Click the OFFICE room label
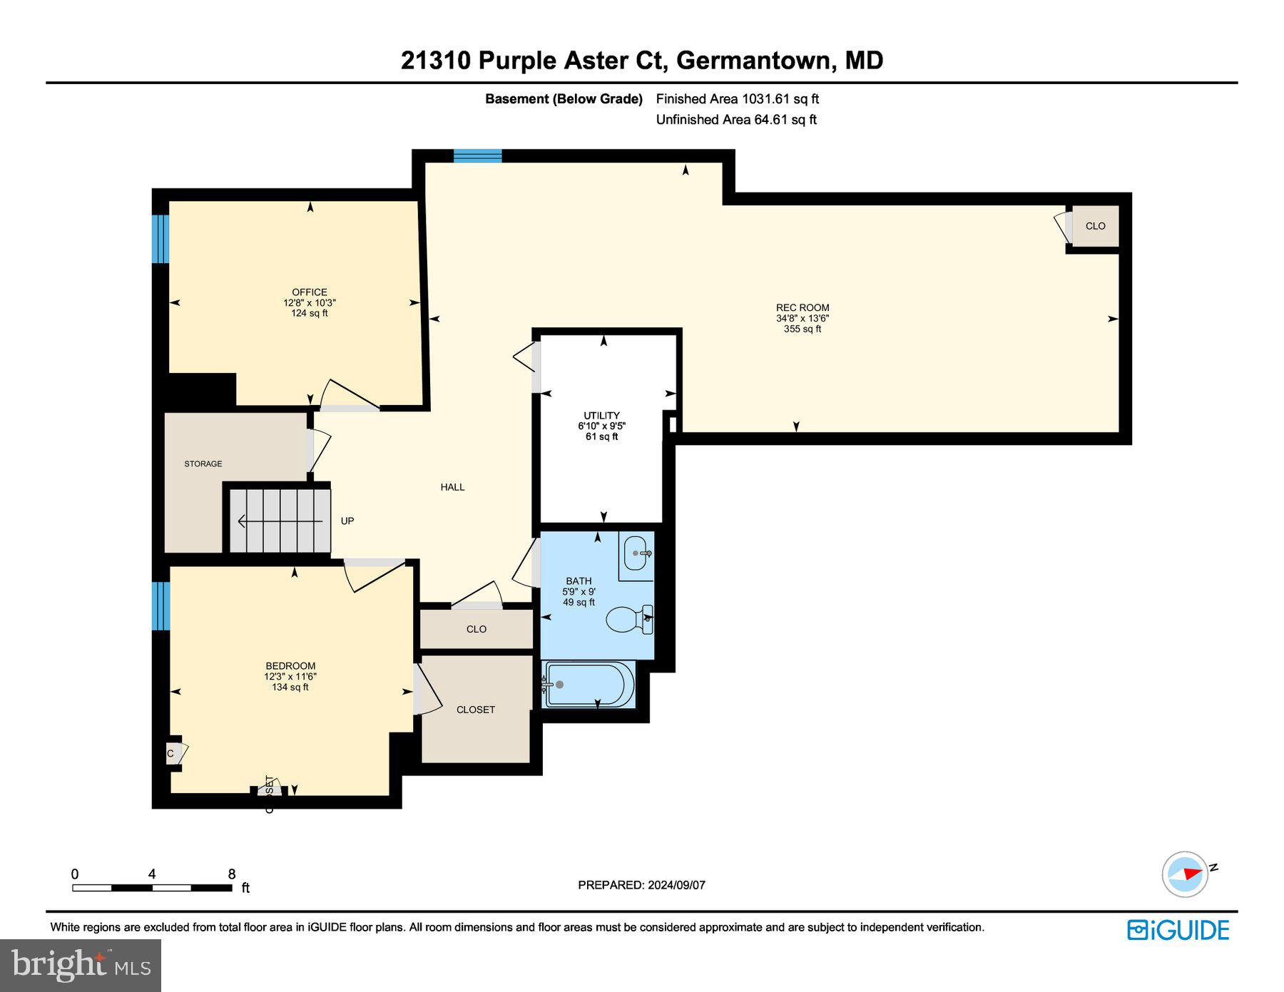[309, 292]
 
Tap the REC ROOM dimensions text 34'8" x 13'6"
[802, 318]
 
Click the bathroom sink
[636, 553]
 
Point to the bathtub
[589, 685]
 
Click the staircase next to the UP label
[280, 521]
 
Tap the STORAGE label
[203, 464]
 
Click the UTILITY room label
[601, 415]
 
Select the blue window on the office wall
[160, 238]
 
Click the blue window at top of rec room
[477, 155]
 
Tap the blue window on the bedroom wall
[160, 606]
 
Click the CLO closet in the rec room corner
[1095, 226]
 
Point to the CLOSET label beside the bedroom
[475, 710]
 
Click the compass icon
[1186, 874]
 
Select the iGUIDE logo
[1178, 930]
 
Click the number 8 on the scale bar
[231, 874]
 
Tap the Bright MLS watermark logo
[81, 965]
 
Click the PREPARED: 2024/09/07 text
[641, 885]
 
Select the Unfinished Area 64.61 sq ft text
[735, 120]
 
